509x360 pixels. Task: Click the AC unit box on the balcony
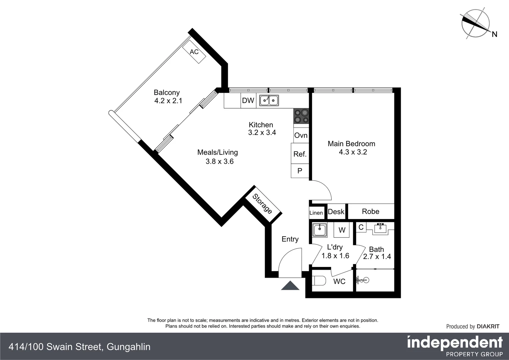[194, 52]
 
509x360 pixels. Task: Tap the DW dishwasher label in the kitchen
[248, 101]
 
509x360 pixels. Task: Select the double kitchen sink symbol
[269, 100]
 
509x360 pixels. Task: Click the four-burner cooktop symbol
[301, 116]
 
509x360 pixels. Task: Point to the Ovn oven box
[301, 135]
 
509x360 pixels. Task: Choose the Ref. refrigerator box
[300, 154]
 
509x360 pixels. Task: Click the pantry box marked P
[300, 171]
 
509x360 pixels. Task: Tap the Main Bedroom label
[351, 144]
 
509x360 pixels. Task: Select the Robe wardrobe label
[370, 212]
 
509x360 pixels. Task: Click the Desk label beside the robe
[336, 212]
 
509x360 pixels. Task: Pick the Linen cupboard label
[316, 213]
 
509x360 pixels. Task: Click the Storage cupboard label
[262, 204]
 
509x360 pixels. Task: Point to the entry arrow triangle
[290, 286]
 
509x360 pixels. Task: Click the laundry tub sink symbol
[319, 230]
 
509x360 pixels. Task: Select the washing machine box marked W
[342, 230]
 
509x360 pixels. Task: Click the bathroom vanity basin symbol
[380, 228]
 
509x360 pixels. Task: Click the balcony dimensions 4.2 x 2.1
[168, 101]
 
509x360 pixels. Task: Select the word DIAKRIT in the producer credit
[488, 327]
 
